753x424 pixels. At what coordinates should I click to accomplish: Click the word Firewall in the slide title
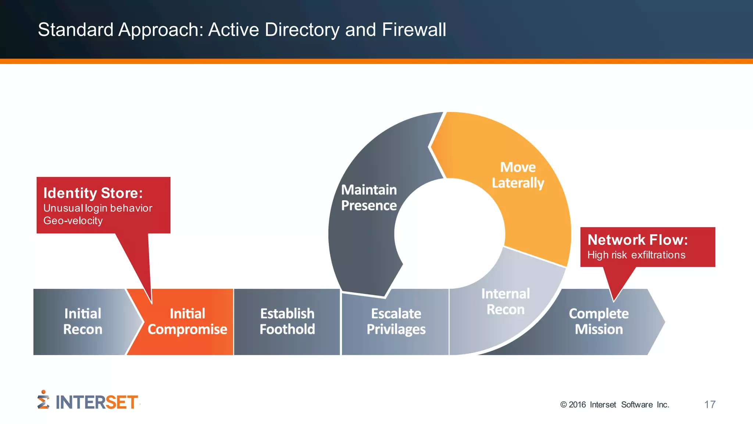pyautogui.click(x=414, y=30)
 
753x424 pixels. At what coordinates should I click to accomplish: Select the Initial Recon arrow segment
pyautogui.click(x=83, y=321)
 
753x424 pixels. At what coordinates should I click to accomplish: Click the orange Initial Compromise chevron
pyautogui.click(x=187, y=321)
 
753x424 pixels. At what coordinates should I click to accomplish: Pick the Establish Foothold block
pyautogui.click(x=287, y=321)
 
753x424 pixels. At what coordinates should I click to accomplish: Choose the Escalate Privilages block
pyautogui.click(x=396, y=321)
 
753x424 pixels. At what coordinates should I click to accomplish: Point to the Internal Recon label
pyautogui.click(x=506, y=301)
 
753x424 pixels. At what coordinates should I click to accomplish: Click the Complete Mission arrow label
pyautogui.click(x=599, y=321)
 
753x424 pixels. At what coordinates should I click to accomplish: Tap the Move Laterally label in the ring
pyautogui.click(x=518, y=175)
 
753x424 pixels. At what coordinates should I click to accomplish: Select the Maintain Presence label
pyautogui.click(x=369, y=198)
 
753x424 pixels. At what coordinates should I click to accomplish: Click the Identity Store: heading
pyautogui.click(x=93, y=193)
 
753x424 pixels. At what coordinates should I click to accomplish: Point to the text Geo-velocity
pyautogui.click(x=73, y=221)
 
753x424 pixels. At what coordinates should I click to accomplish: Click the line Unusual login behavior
pyautogui.click(x=98, y=208)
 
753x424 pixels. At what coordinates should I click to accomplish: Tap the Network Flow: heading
pyautogui.click(x=638, y=240)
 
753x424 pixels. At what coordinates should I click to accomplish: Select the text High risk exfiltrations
pyautogui.click(x=636, y=255)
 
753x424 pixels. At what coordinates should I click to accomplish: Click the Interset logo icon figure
pyautogui.click(x=43, y=400)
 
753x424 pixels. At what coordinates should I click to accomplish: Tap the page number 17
pyautogui.click(x=710, y=404)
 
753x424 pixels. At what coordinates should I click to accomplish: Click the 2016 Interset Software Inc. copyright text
pyautogui.click(x=614, y=405)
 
